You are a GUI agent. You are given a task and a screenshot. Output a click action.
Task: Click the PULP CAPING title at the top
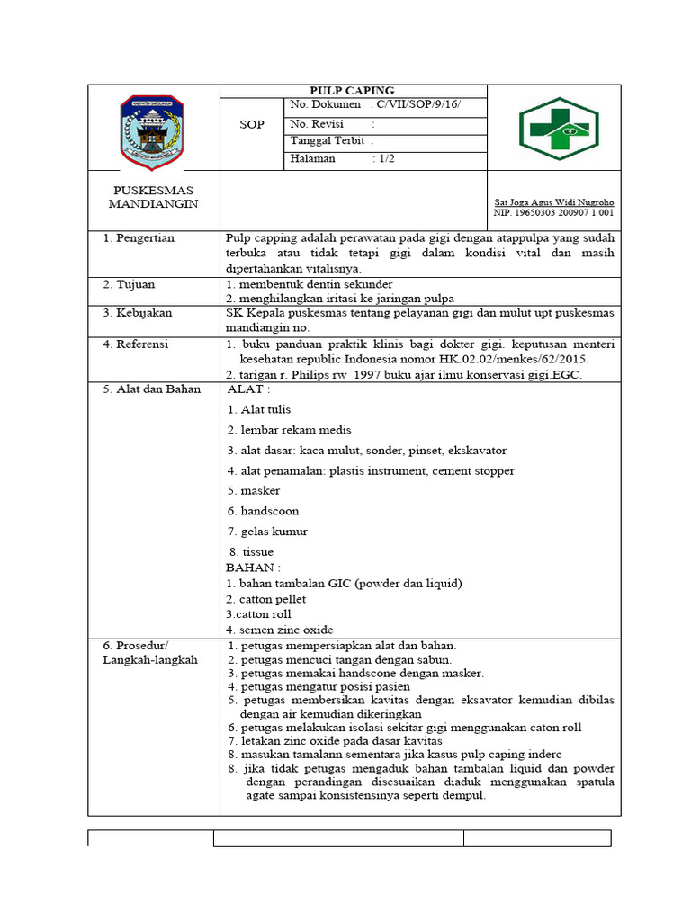352,91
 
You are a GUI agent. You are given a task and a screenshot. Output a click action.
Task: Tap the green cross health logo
558,128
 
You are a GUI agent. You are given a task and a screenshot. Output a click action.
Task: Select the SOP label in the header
252,124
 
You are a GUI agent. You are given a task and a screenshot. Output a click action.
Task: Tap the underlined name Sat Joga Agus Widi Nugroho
554,202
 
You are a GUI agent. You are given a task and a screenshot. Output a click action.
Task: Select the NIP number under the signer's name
554,213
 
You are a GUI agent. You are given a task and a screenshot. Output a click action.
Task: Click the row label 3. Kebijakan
137,313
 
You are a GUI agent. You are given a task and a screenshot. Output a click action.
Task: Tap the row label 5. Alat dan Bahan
149,389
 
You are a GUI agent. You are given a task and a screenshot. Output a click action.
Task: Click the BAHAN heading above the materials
253,568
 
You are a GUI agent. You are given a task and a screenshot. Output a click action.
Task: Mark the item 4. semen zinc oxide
280,630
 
